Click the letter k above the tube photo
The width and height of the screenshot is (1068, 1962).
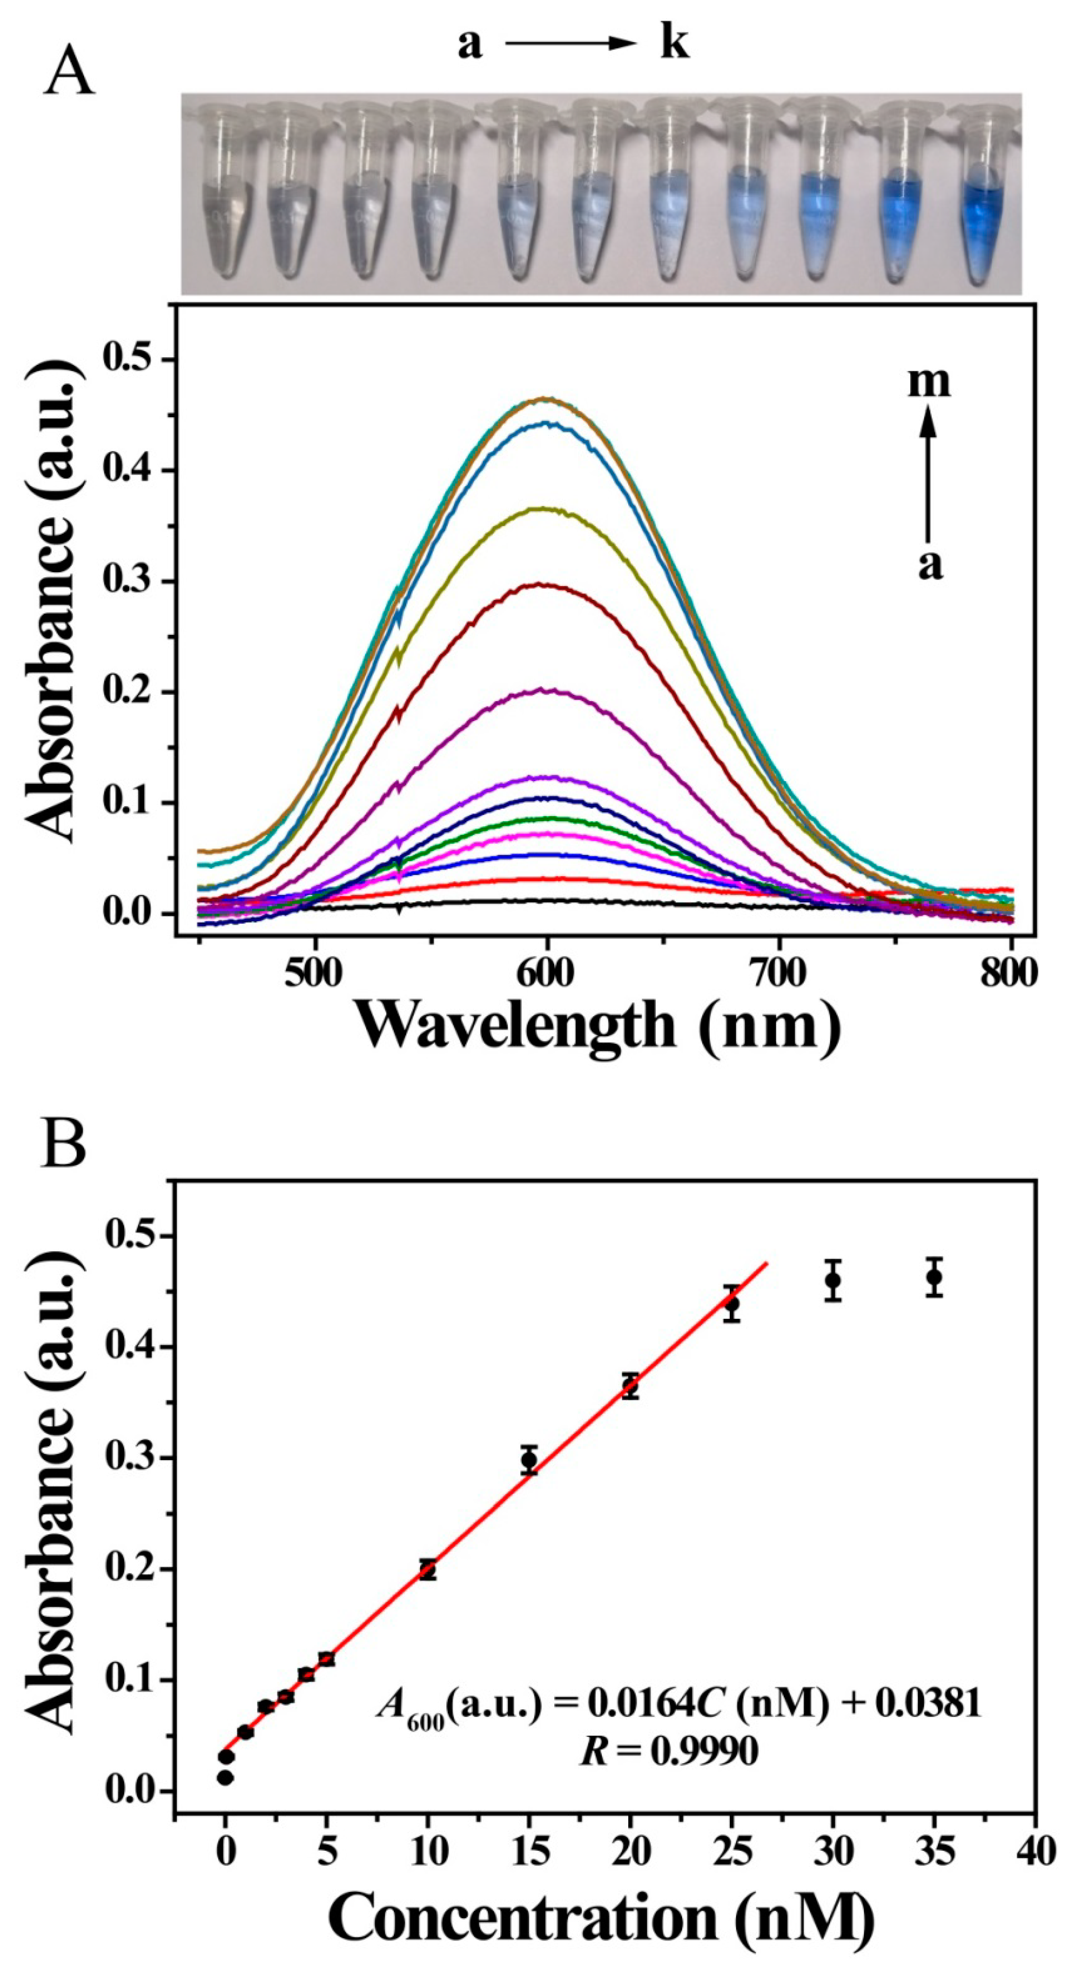tap(673, 44)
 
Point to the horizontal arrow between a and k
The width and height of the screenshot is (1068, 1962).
tap(570, 44)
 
